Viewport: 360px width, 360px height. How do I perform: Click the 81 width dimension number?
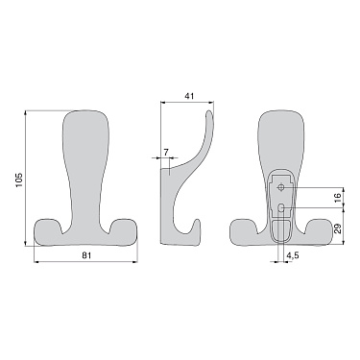click(x=86, y=255)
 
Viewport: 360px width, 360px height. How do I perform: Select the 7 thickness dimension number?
click(x=166, y=152)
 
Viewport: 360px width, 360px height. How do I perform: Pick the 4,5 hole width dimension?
click(x=292, y=255)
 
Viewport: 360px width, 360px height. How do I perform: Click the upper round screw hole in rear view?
click(x=281, y=188)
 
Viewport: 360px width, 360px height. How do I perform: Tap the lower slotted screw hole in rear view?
click(x=281, y=207)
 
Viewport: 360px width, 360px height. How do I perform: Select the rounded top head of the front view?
click(x=85, y=130)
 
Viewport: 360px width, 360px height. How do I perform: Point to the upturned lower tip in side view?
click(x=197, y=229)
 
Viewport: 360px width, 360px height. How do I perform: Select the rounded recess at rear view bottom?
click(x=282, y=230)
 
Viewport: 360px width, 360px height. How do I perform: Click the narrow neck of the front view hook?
click(x=85, y=187)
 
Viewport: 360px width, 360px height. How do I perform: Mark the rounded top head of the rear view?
click(x=282, y=130)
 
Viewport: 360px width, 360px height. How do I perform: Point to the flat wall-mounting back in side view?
click(x=162, y=202)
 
